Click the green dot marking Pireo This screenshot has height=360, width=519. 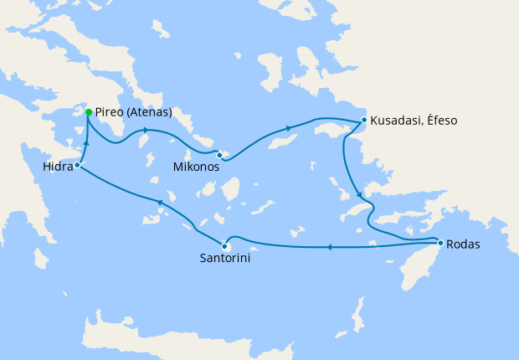pyautogui.click(x=89, y=111)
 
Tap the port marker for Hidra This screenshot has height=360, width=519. pyautogui.click(x=76, y=165)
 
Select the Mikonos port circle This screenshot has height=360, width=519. pyautogui.click(x=219, y=154)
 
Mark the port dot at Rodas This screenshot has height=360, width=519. pyautogui.click(x=440, y=244)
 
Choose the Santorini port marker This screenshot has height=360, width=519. pyautogui.click(x=224, y=245)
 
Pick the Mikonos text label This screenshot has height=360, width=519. pyautogui.click(x=197, y=167)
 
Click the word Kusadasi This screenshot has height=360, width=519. pyautogui.click(x=398, y=121)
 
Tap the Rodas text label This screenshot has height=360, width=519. pyautogui.click(x=464, y=244)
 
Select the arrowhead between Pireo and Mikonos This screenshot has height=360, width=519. pyautogui.click(x=146, y=130)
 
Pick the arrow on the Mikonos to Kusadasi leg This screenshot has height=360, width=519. pyautogui.click(x=290, y=128)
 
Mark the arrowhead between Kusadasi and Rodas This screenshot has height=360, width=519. pyautogui.click(x=356, y=189)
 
